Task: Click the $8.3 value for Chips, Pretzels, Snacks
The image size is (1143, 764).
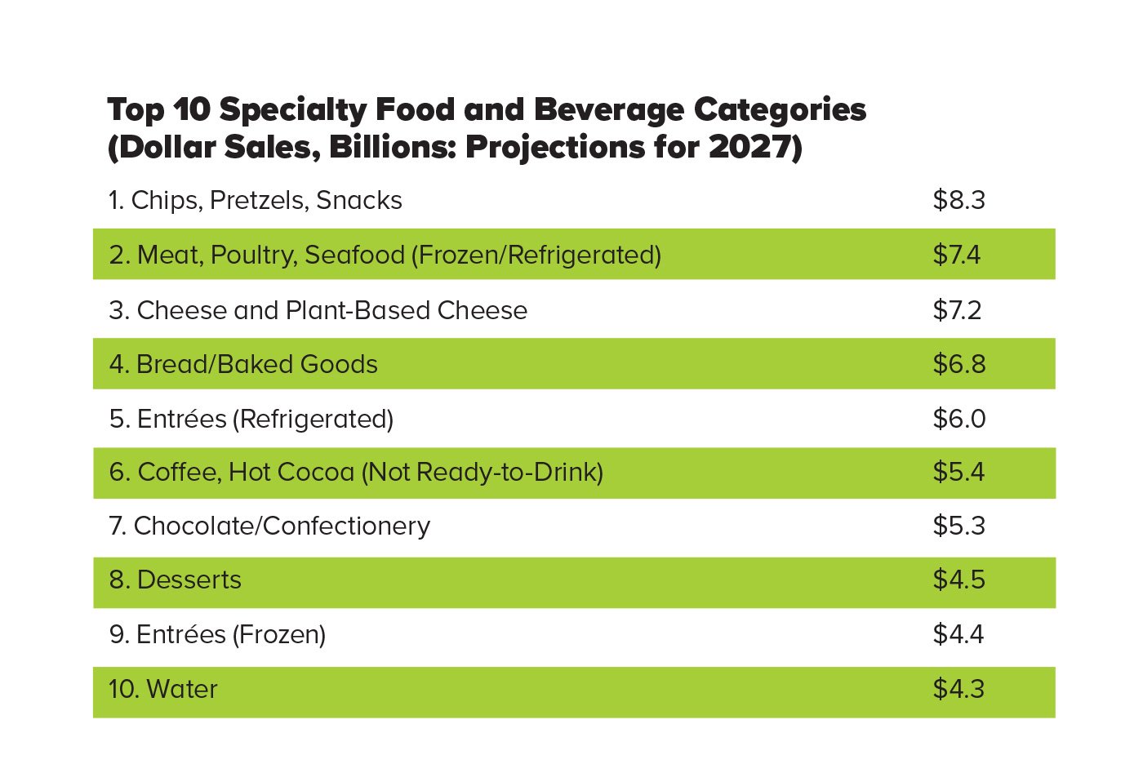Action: click(x=958, y=200)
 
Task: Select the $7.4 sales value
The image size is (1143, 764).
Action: click(x=957, y=255)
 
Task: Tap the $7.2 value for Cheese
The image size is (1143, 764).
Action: click(x=957, y=310)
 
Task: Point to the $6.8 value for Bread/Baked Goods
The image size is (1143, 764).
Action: click(x=958, y=364)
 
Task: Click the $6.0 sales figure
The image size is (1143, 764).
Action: click(x=958, y=419)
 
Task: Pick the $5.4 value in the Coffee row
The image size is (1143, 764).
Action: click(x=958, y=472)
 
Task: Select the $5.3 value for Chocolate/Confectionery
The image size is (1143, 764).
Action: click(x=958, y=526)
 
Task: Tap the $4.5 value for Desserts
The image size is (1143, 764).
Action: click(x=958, y=580)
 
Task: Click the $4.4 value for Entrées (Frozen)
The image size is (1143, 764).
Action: click(x=958, y=634)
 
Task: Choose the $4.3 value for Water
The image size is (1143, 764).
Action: click(x=958, y=689)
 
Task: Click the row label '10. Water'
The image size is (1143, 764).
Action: click(x=163, y=689)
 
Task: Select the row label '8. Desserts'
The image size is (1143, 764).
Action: click(x=175, y=580)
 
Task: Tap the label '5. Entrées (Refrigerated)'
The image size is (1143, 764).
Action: click(x=251, y=419)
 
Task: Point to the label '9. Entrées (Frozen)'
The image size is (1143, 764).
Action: click(x=217, y=634)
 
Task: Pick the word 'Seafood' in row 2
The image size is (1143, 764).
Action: click(x=354, y=255)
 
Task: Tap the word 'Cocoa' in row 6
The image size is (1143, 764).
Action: click(x=315, y=472)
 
